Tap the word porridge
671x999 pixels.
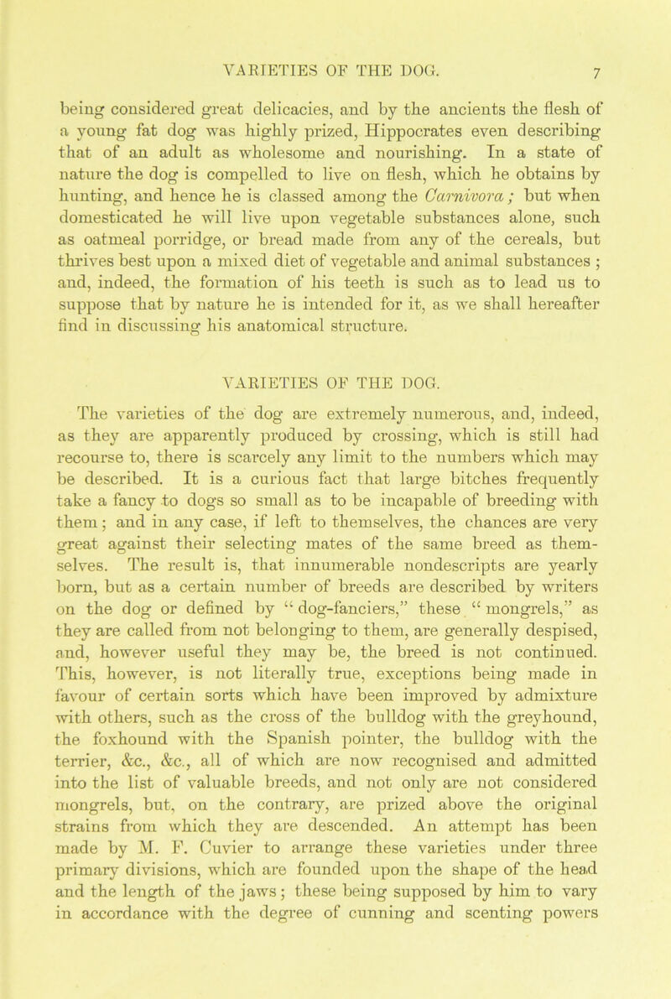pos(158,217)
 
